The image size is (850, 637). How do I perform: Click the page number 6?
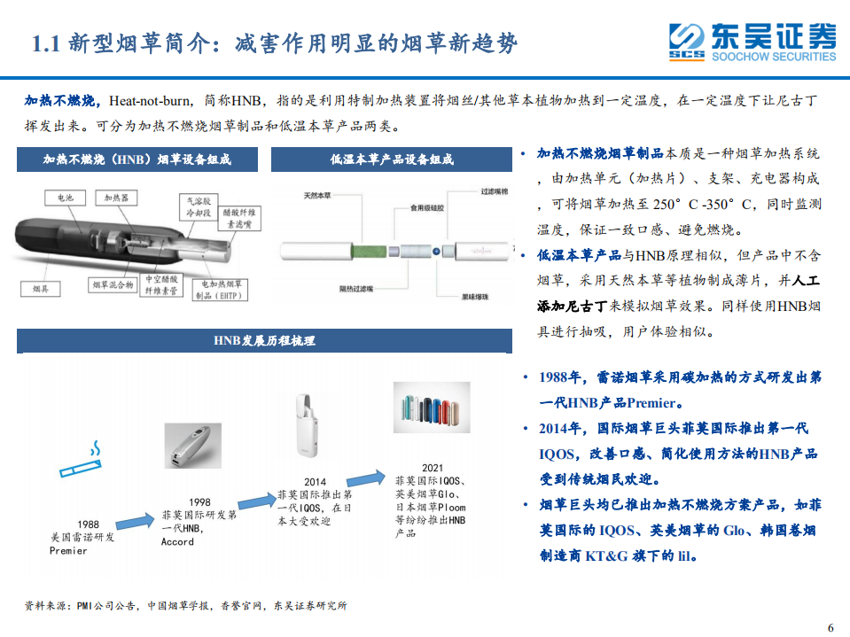pyautogui.click(x=830, y=627)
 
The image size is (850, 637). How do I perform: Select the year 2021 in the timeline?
pyautogui.click(x=432, y=468)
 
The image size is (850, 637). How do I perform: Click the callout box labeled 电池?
pyautogui.click(x=66, y=198)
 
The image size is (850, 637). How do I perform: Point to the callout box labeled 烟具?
pyautogui.click(x=40, y=289)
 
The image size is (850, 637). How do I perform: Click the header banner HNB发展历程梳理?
pyautogui.click(x=264, y=340)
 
